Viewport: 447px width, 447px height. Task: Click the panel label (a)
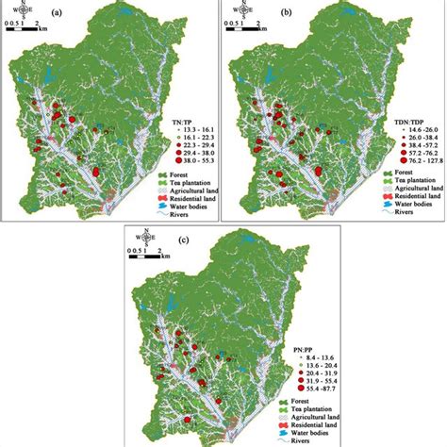pos(85,13)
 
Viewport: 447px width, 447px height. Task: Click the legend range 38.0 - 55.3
pos(188,161)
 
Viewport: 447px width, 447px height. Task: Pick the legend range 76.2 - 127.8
pos(411,161)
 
